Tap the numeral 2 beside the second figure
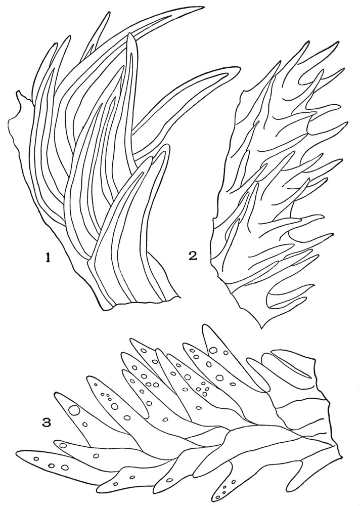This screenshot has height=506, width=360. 193,256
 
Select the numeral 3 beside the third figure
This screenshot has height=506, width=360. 48,422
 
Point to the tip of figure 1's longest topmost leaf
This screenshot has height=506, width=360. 204,7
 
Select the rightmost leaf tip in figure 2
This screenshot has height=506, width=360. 346,123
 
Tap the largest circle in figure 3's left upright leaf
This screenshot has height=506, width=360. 74,410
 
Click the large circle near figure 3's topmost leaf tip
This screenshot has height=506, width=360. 213,350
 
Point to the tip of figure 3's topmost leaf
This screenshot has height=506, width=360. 205,325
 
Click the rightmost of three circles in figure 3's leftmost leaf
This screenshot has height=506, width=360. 65,467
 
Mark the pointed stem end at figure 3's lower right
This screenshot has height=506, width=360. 340,455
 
